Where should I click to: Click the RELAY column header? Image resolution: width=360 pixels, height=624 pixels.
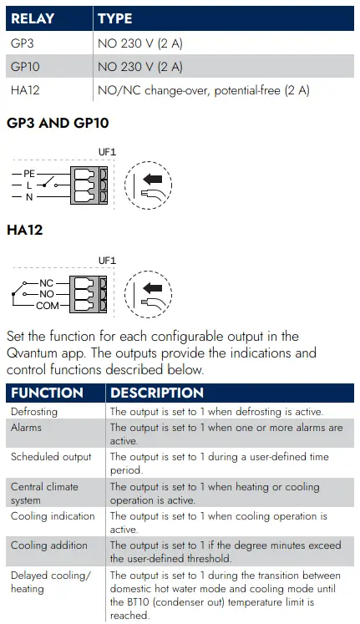coord(33,18)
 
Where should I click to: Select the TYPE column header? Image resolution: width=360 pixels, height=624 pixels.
coord(115,18)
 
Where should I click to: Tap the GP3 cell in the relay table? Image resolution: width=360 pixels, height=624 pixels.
coord(23,43)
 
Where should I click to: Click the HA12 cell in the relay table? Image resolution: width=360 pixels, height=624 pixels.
coord(25,90)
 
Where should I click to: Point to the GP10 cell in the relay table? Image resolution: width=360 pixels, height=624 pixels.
coord(25,67)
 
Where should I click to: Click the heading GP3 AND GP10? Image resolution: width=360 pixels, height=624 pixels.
coord(58,123)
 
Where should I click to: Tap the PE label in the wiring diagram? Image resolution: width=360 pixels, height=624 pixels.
coord(29,174)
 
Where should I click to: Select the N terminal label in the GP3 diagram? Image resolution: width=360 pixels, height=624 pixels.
coord(29,196)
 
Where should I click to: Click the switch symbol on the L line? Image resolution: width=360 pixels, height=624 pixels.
coord(50,182)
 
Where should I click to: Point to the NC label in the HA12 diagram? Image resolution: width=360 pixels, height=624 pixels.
coord(46,283)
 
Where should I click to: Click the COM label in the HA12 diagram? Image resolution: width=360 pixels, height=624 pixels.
coord(48,306)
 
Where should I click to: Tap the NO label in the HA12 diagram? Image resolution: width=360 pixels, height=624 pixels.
coord(47,294)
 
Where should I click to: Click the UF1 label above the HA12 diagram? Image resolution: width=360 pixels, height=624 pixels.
coord(107,261)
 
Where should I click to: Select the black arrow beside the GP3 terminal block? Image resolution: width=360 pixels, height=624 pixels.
coord(152,179)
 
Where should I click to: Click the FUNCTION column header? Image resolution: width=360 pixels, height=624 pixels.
coord(47,393)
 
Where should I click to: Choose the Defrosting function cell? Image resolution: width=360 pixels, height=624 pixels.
coord(34,412)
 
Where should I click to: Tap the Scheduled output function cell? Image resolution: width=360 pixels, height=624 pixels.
coord(51,457)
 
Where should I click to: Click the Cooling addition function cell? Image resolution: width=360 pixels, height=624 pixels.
coord(49,545)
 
